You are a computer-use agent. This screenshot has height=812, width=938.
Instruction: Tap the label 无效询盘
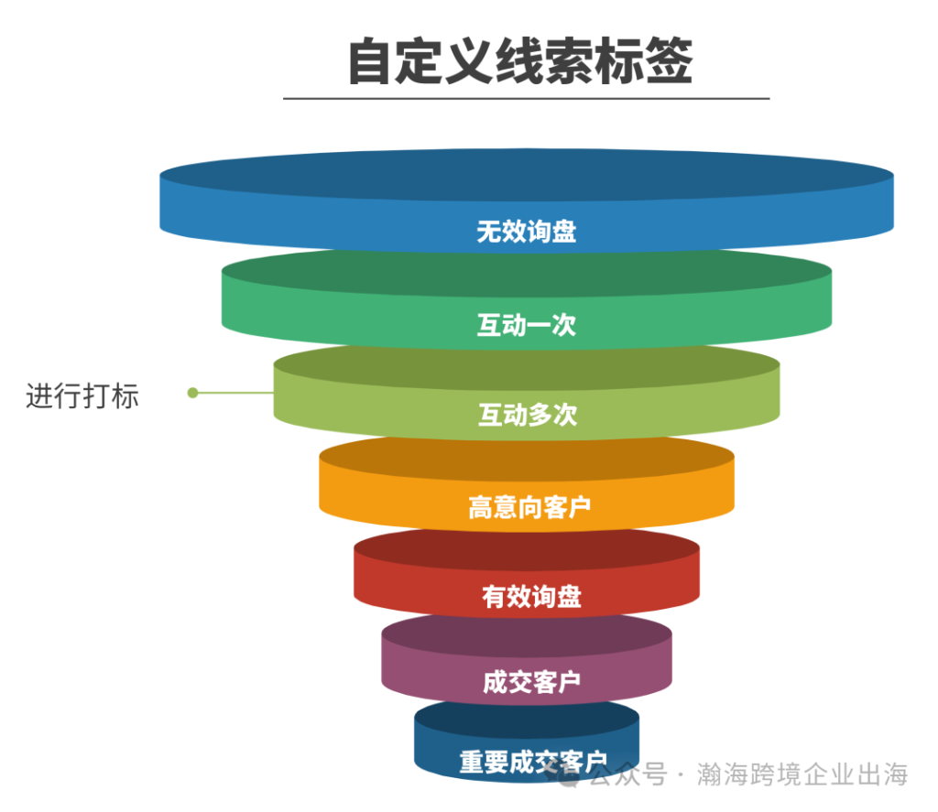pos(526,231)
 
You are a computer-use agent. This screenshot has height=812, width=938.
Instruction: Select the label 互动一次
pos(526,325)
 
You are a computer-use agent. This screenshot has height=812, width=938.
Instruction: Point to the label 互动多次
pos(527,415)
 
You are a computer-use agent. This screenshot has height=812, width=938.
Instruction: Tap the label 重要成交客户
pos(533,762)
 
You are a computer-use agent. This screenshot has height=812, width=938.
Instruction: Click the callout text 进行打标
pos(82,396)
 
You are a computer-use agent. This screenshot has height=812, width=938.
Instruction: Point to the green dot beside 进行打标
pos(192,393)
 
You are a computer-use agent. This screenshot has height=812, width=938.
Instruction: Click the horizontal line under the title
pos(526,98)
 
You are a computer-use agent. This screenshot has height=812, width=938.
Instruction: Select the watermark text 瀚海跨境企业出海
pos(802,774)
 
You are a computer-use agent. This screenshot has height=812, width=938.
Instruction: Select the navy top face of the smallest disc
pos(526,716)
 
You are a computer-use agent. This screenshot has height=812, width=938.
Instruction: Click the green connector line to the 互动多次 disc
pos(235,393)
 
